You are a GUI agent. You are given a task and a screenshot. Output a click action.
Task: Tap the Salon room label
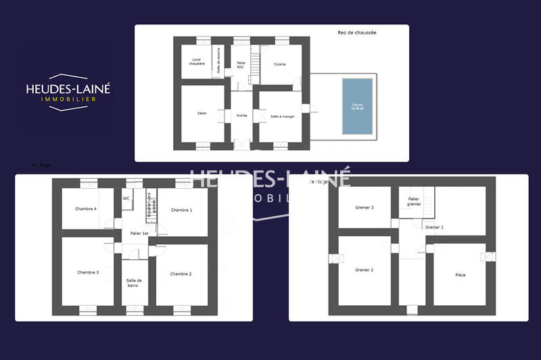pos(202,113)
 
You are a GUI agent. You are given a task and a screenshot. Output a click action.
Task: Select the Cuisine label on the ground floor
pos(279,64)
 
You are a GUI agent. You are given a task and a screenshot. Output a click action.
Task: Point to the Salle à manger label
pos(282,116)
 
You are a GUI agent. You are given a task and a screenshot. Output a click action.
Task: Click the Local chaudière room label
pos(197,62)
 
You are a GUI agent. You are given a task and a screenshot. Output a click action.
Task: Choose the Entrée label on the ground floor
pos(241,116)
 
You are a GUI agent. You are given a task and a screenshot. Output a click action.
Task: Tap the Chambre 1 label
pos(181,210)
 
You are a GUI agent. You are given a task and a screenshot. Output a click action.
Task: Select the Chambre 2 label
pos(181,273)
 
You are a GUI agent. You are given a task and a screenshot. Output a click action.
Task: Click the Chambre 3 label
pos(88,272)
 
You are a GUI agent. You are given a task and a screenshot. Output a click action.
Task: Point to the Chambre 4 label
pos(86,208)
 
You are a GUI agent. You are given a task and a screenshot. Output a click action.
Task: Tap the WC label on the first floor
pos(126,198)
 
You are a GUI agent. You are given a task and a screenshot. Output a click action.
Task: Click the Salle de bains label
pos(134,282)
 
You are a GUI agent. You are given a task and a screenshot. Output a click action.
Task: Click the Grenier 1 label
pos(434,227)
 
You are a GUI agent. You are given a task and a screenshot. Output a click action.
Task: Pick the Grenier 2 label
pos(364,269)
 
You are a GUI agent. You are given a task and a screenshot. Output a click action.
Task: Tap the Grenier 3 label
pos(364,207)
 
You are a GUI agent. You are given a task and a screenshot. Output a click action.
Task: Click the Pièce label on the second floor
pos(460,275)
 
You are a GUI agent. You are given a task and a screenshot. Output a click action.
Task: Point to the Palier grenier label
pos(414,201)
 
